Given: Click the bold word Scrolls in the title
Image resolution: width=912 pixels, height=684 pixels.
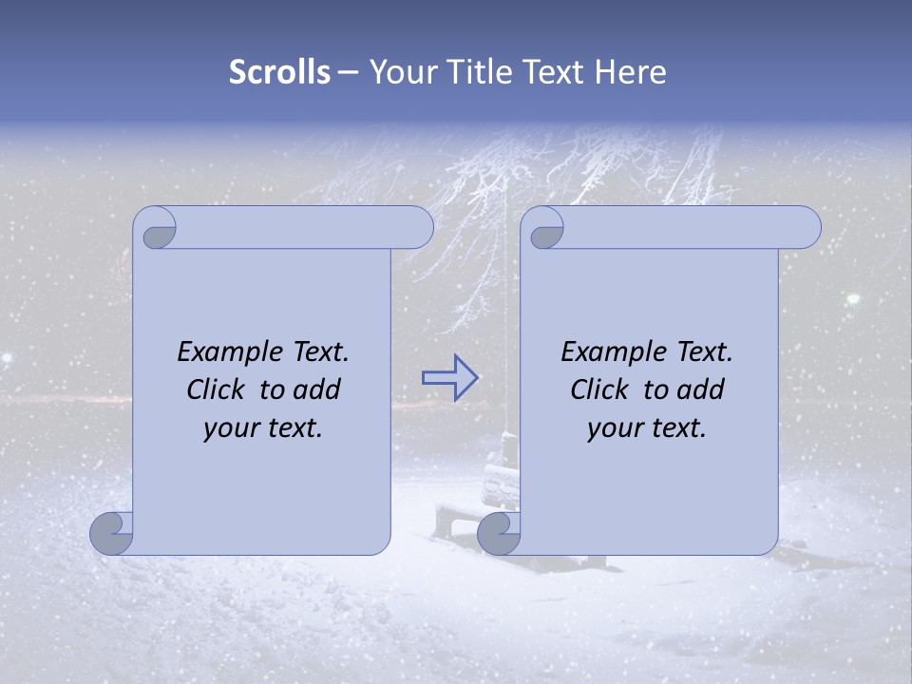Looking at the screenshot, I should pos(279,72).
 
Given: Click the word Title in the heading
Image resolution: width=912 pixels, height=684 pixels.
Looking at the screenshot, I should pos(478,72).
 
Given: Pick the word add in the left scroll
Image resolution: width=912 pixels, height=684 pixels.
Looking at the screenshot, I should pos(316,390).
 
